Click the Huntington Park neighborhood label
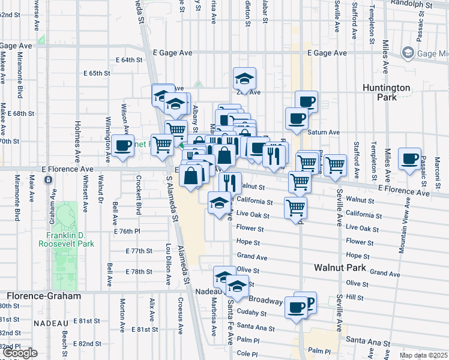pos(387,92)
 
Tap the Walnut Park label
pos(339,267)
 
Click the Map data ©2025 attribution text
pos(424,356)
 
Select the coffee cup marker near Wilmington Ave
pos(122,145)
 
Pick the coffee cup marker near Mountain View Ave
pos(410,159)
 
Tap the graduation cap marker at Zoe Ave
pos(244,79)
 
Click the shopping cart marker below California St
pos(295,208)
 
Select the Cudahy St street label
pos(252,313)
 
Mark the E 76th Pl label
pos(127,231)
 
